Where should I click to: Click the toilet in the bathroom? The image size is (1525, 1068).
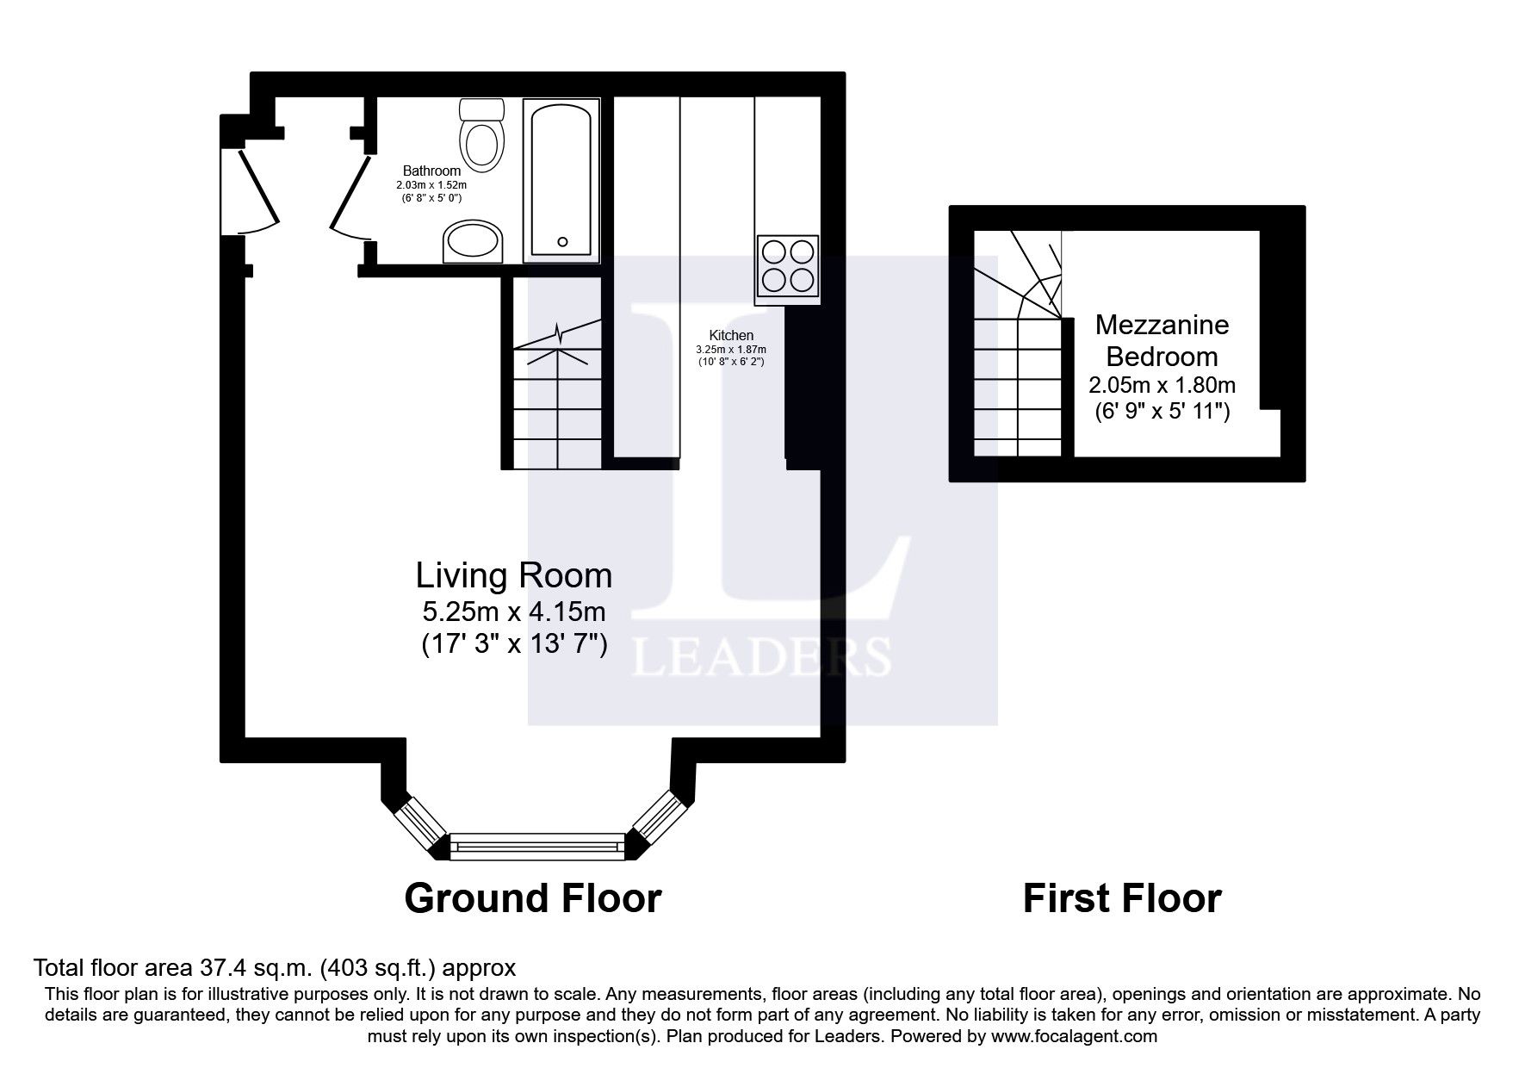tap(481, 138)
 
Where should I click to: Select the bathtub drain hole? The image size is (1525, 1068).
tap(563, 242)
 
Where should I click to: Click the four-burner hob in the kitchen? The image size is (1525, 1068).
tap(788, 266)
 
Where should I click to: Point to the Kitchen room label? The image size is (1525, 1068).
tap(731, 335)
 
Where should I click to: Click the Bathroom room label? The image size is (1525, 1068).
tap(431, 171)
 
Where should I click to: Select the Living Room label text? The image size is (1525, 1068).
tap(514, 575)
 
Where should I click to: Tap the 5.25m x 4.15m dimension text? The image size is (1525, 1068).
tap(514, 612)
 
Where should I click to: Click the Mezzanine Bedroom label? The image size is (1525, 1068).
tap(1162, 340)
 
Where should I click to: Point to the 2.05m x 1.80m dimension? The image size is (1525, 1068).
tap(1162, 385)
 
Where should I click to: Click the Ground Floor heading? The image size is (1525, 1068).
tap(532, 898)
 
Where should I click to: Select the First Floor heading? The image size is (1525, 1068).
tap(1121, 898)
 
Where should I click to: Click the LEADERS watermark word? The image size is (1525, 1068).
tap(761, 658)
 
